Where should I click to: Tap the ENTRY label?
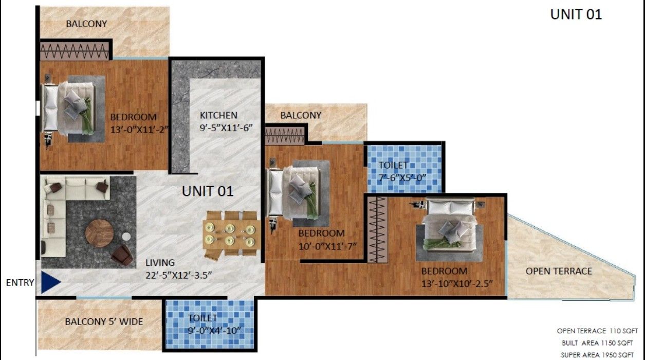tap(20, 283)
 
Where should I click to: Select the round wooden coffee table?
tap(99, 233)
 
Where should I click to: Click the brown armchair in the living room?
tap(122, 255)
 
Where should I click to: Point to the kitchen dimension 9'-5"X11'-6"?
tap(226, 128)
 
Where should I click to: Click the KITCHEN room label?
tap(218, 115)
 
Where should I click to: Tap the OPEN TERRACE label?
tap(559, 271)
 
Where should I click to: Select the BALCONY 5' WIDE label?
tap(104, 321)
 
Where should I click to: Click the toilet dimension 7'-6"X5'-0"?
tap(402, 178)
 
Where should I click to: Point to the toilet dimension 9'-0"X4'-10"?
tap(214, 330)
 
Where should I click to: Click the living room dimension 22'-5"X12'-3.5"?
tap(178, 275)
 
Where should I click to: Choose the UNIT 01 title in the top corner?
tap(576, 15)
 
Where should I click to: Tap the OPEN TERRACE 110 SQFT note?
tap(597, 331)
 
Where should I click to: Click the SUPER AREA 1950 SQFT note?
tap(597, 355)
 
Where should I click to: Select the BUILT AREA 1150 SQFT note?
tap(597, 343)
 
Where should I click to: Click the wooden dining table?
tap(232, 235)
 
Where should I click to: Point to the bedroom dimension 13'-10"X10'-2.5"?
tap(457, 284)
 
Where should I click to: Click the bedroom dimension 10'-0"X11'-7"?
tap(327, 246)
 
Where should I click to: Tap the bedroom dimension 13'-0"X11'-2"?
tap(139, 130)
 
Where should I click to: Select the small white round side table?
tap(126, 237)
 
